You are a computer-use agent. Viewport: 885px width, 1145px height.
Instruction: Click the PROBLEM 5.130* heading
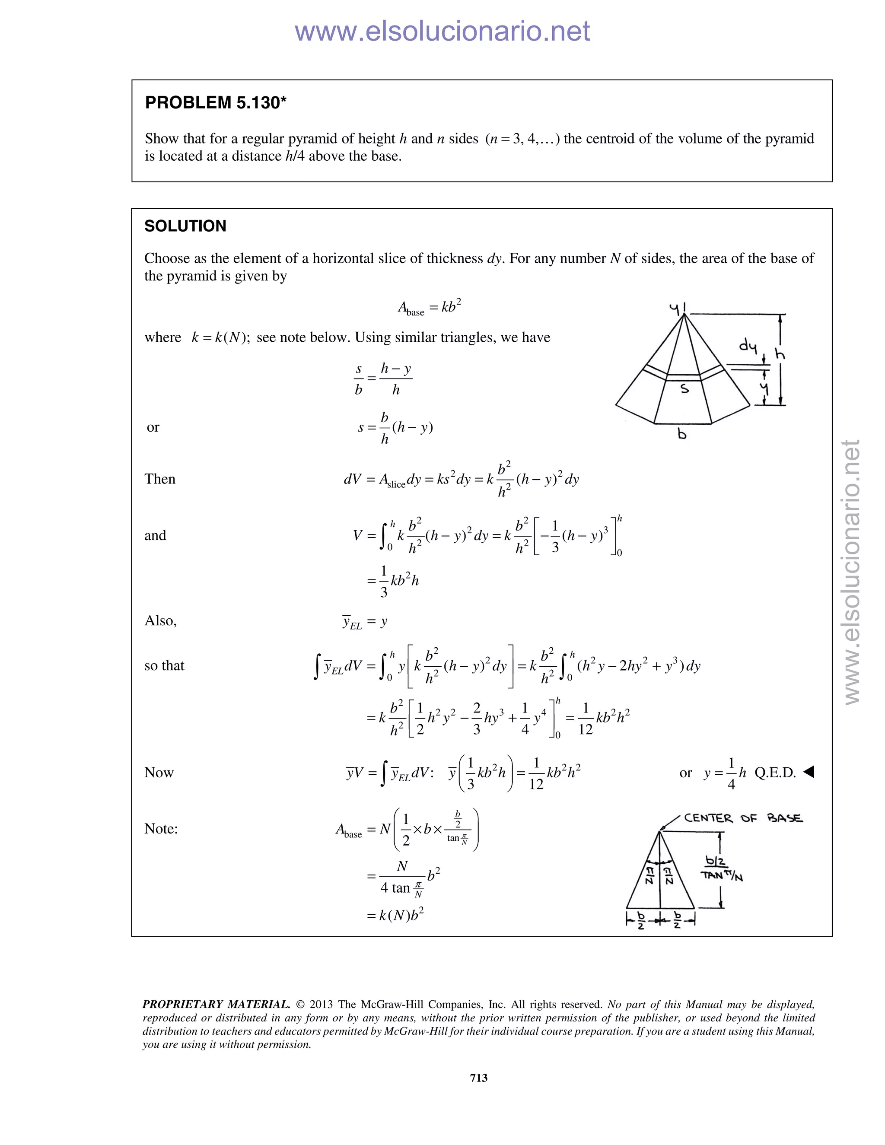(216, 103)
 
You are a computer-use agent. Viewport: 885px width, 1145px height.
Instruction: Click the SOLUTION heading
(185, 226)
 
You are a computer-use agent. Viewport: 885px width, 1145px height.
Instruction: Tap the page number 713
(479, 1077)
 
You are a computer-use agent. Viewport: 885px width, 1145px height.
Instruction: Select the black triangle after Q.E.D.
(809, 771)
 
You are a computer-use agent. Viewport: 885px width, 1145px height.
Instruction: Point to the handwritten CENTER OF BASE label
(743, 818)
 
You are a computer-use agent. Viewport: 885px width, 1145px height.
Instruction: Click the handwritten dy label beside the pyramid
(748, 346)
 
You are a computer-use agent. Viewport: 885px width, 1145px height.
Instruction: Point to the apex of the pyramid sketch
(684, 314)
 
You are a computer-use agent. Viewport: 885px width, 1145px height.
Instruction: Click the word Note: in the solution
(161, 828)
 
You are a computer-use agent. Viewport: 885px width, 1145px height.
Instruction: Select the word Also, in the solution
(160, 621)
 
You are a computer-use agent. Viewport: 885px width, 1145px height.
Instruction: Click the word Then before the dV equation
(160, 479)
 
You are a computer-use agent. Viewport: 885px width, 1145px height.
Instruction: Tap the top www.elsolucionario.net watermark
(442, 31)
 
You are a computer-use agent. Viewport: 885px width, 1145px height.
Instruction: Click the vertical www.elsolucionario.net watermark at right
(852, 572)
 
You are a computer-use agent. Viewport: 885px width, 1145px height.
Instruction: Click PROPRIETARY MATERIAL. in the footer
(216, 1004)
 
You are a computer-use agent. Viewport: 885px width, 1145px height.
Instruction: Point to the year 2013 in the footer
(322, 1004)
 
